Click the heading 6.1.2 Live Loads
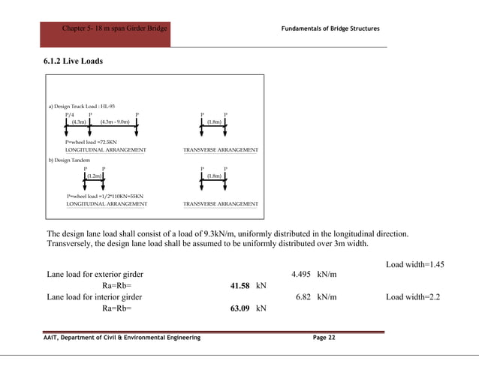tap(73, 61)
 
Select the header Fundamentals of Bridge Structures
tap(330, 29)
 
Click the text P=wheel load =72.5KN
tap(91, 141)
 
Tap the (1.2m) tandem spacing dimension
tap(94, 176)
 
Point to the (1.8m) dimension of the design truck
tap(214, 123)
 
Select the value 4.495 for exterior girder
tap(302, 275)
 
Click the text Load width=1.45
tap(415, 264)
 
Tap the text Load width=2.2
tap(412, 297)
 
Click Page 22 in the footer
tap(324, 338)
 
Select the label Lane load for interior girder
tap(94, 297)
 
